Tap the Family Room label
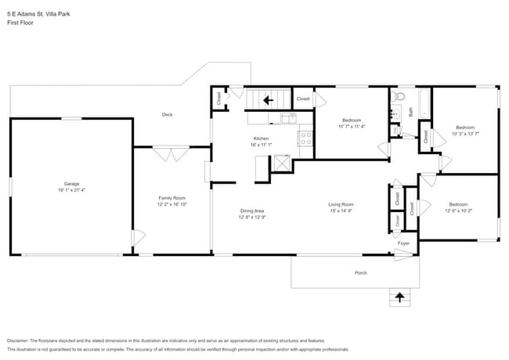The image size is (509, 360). (x=172, y=198)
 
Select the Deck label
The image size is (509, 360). (x=167, y=114)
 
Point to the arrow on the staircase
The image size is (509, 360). (x=267, y=99)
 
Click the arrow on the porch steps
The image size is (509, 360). (x=400, y=297)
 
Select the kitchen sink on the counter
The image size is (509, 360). (x=288, y=118)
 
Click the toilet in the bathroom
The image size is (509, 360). (x=399, y=98)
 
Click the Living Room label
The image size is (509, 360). (x=341, y=204)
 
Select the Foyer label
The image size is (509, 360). (x=403, y=243)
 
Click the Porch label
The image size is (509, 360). (x=360, y=272)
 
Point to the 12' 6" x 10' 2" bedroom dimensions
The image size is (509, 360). (x=459, y=211)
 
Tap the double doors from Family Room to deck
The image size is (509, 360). (x=171, y=153)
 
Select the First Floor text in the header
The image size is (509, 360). (x=20, y=23)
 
